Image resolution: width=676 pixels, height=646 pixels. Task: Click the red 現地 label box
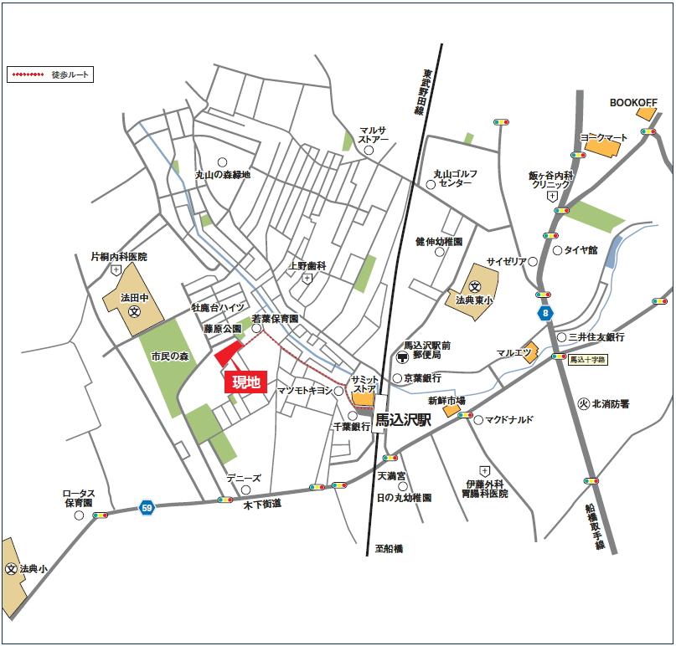(246, 382)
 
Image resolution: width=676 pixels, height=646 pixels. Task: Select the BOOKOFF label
(633, 102)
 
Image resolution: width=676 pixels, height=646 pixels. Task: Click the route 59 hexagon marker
(147, 507)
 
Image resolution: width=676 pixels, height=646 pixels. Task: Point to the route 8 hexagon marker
(546, 313)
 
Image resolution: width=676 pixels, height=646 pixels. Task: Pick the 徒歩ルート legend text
(70, 75)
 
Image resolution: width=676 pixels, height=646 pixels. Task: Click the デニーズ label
(245, 479)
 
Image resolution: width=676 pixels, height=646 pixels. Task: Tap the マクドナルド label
(509, 419)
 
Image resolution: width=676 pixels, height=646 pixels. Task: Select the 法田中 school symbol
(134, 311)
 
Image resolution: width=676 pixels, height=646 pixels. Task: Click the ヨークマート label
(603, 137)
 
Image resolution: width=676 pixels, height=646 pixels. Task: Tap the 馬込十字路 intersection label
(587, 360)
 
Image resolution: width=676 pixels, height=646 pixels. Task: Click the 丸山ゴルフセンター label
(456, 178)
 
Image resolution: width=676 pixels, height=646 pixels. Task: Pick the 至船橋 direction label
(389, 548)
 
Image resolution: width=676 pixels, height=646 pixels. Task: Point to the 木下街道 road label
(262, 505)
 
